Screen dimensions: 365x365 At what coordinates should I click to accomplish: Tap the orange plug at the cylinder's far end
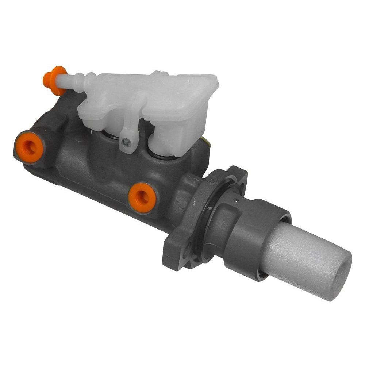tap(29, 147)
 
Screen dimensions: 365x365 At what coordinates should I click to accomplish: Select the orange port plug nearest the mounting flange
tap(142, 197)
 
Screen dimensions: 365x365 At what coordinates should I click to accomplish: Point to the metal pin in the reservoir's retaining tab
tap(126, 142)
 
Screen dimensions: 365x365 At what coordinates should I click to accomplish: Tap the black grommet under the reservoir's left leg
tap(109, 136)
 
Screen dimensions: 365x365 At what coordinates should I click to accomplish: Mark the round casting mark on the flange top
tap(212, 178)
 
